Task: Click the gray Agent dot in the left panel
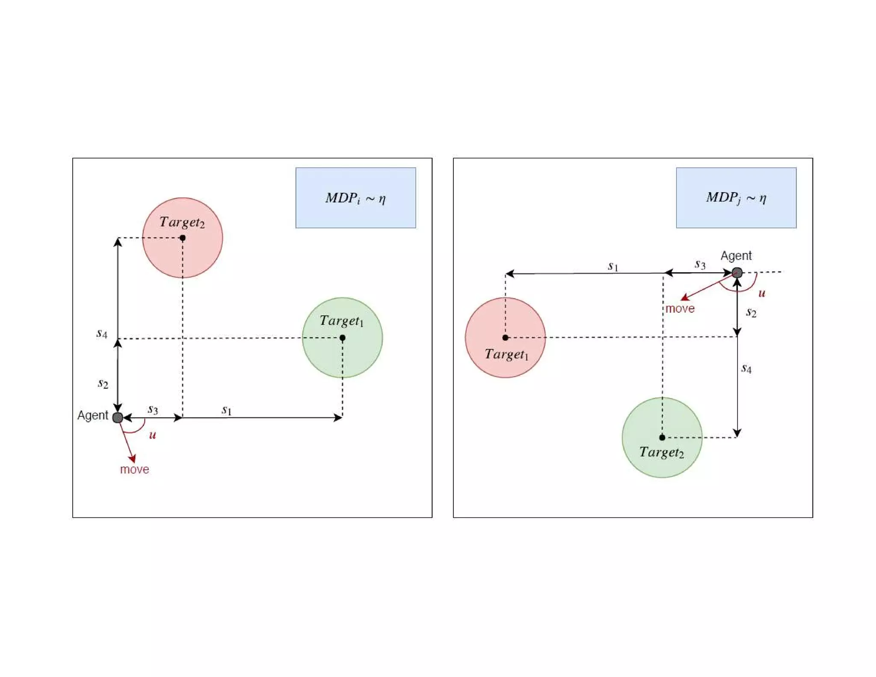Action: click(x=118, y=417)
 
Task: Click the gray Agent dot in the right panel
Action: click(x=737, y=273)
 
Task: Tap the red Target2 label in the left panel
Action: click(x=182, y=222)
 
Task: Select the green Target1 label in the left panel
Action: click(x=341, y=321)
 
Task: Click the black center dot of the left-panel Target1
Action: click(x=342, y=338)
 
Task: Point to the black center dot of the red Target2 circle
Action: click(x=183, y=238)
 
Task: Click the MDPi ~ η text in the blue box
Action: click(x=355, y=198)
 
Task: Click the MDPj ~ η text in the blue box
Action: click(x=736, y=198)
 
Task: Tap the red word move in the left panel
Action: click(x=134, y=469)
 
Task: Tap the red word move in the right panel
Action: click(x=680, y=309)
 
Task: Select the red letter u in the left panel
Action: click(x=152, y=435)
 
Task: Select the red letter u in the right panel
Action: click(x=761, y=293)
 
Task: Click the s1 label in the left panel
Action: click(x=226, y=410)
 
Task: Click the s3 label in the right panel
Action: click(x=700, y=264)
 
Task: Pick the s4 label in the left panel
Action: click(x=102, y=333)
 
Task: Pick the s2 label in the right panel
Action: click(x=751, y=312)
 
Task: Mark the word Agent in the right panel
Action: click(x=736, y=256)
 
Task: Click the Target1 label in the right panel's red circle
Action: click(x=506, y=354)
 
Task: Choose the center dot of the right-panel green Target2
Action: click(x=662, y=437)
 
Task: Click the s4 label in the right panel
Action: click(x=746, y=368)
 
